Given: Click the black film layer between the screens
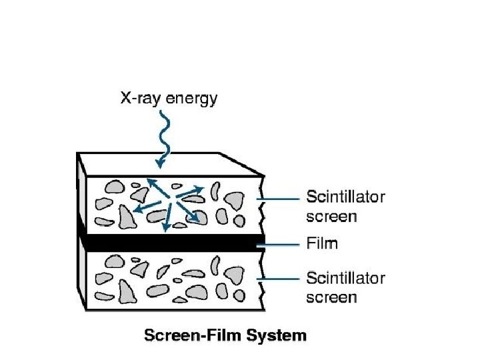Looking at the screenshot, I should pos(167,243).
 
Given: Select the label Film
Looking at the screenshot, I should pos(321,243).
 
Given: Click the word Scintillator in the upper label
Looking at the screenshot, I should pos(345,197).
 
